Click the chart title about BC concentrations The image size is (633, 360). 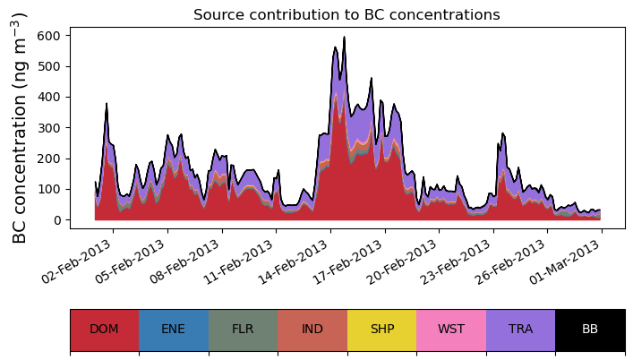(x=346, y=14)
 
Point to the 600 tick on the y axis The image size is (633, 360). (x=51, y=35)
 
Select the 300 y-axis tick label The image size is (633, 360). (x=51, y=127)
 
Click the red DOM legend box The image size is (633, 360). (x=104, y=330)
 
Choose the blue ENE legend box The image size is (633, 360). (x=174, y=330)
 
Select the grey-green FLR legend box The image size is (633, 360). (x=243, y=330)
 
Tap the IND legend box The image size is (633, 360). (x=312, y=330)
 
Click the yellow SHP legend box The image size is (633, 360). (x=381, y=330)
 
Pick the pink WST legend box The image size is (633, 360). (x=451, y=330)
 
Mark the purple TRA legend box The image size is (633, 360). (x=520, y=330)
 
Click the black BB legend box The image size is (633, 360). (x=590, y=330)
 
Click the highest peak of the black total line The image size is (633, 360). (x=344, y=38)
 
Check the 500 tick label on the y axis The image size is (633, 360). (x=51, y=66)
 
